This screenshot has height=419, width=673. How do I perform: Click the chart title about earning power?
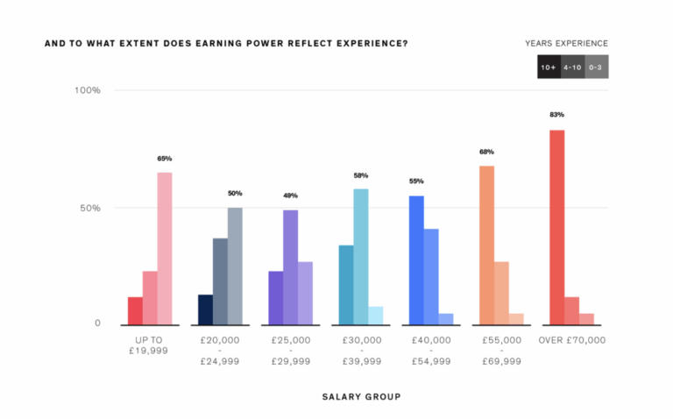225,43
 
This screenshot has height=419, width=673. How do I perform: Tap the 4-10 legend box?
572,67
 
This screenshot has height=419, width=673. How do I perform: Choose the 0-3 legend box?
596,67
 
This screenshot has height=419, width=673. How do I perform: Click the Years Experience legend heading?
566,43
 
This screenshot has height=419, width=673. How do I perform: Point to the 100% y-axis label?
88,90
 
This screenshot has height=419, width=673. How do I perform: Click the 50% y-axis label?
91,208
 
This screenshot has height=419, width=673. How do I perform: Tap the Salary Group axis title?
360,396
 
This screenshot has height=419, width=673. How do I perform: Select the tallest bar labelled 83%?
556,227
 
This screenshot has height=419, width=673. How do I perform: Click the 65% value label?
165,159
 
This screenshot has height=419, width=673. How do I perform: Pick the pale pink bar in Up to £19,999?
165,248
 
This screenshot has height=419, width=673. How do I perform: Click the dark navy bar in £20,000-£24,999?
205,309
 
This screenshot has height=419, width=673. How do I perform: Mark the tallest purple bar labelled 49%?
290,266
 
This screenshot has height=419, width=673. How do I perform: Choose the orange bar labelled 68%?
486,245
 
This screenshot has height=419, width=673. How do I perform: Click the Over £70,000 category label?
572,340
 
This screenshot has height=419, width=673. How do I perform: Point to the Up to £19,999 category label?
150,345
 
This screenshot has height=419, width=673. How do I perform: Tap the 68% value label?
486,152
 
